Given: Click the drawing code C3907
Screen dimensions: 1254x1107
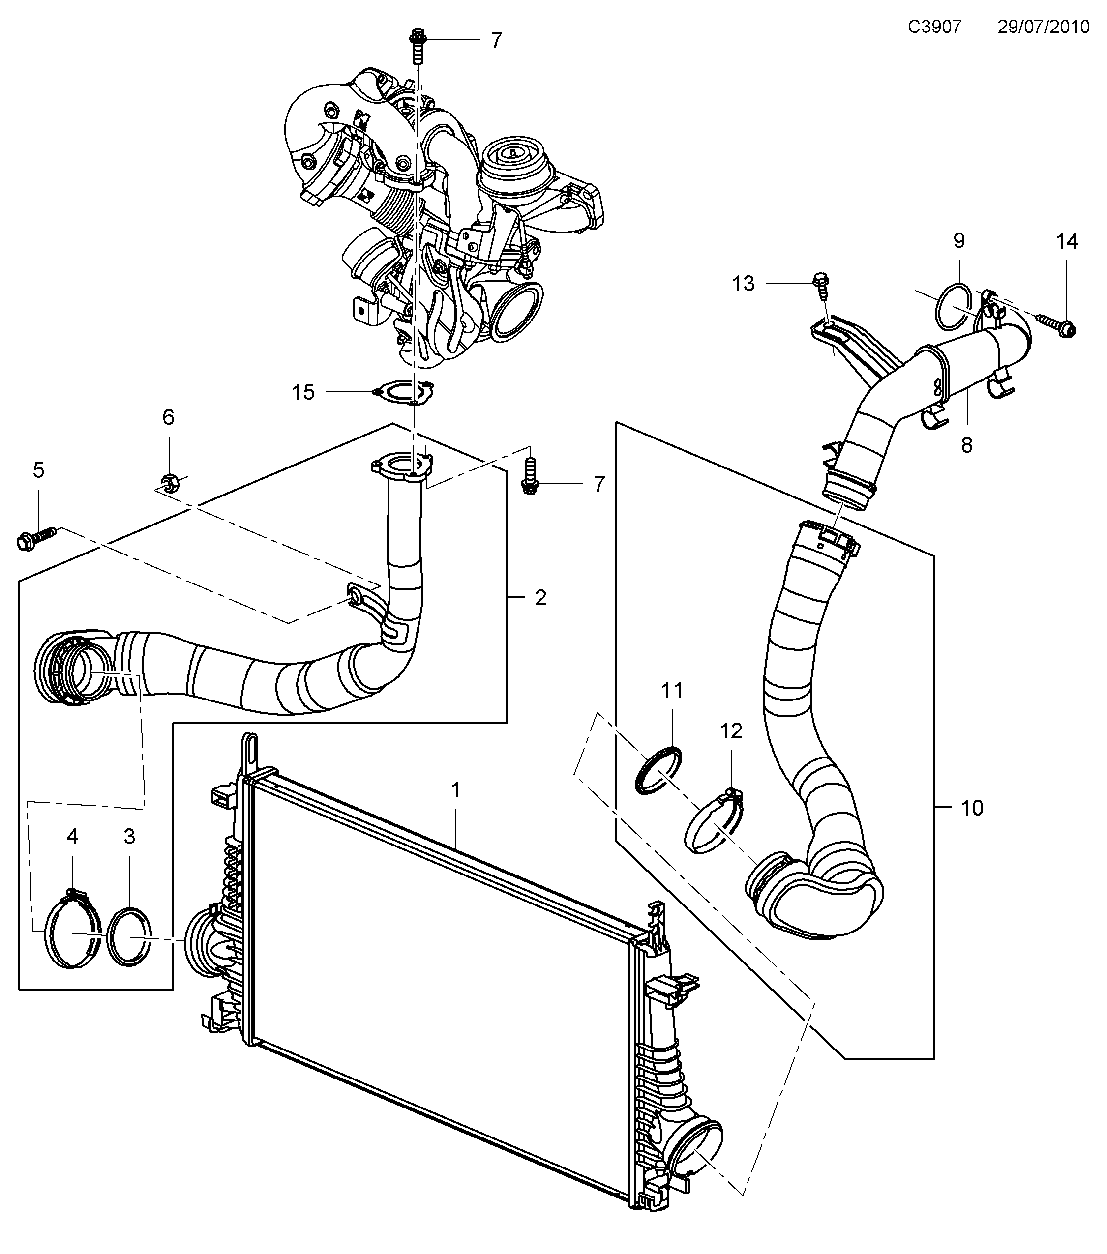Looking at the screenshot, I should pyautogui.click(x=934, y=27).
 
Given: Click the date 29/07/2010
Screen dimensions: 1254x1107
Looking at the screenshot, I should pyautogui.click(x=1043, y=27).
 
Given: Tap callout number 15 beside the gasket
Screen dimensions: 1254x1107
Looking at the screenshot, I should pyautogui.click(x=303, y=392).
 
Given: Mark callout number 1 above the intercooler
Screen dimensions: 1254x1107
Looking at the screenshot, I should pyautogui.click(x=455, y=790).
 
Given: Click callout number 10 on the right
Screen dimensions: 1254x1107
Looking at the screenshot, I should pyautogui.click(x=972, y=808).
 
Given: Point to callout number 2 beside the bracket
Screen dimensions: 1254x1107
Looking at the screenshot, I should pyautogui.click(x=540, y=598).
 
